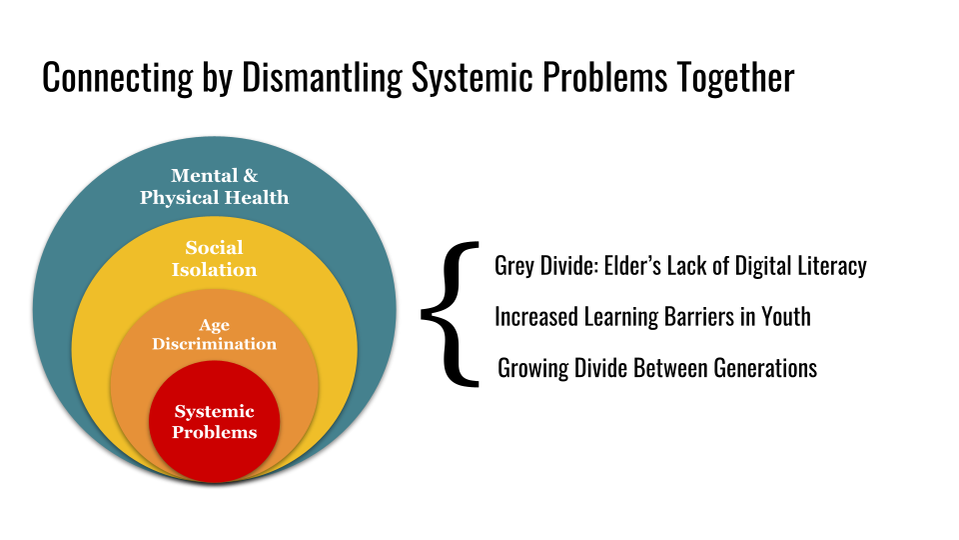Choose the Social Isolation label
pos(214,258)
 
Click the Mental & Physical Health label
pos(214,187)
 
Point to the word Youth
pos(782,317)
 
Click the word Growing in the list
pos(533,368)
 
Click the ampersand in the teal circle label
pos(250,176)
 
